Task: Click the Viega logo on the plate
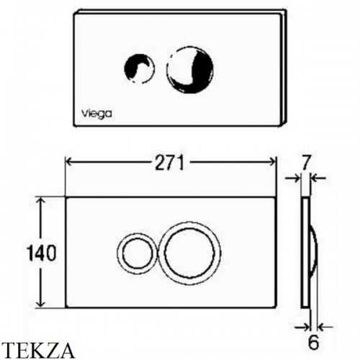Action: coord(96,114)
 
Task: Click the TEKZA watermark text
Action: coord(37,350)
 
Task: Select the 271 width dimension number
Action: coord(170,163)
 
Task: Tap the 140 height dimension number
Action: coord(42,252)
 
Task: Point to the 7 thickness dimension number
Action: coord(306,162)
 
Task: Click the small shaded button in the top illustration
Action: coord(139,68)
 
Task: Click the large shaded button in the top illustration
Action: coord(190,70)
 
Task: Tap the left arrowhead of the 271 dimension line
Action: coord(69,162)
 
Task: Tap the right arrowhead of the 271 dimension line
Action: coord(273,162)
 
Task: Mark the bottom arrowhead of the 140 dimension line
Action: coord(41,303)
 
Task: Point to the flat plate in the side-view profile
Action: coord(305,252)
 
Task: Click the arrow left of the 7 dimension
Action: coord(293,178)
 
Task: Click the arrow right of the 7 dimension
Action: coord(318,178)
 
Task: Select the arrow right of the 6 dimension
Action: coord(325,327)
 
